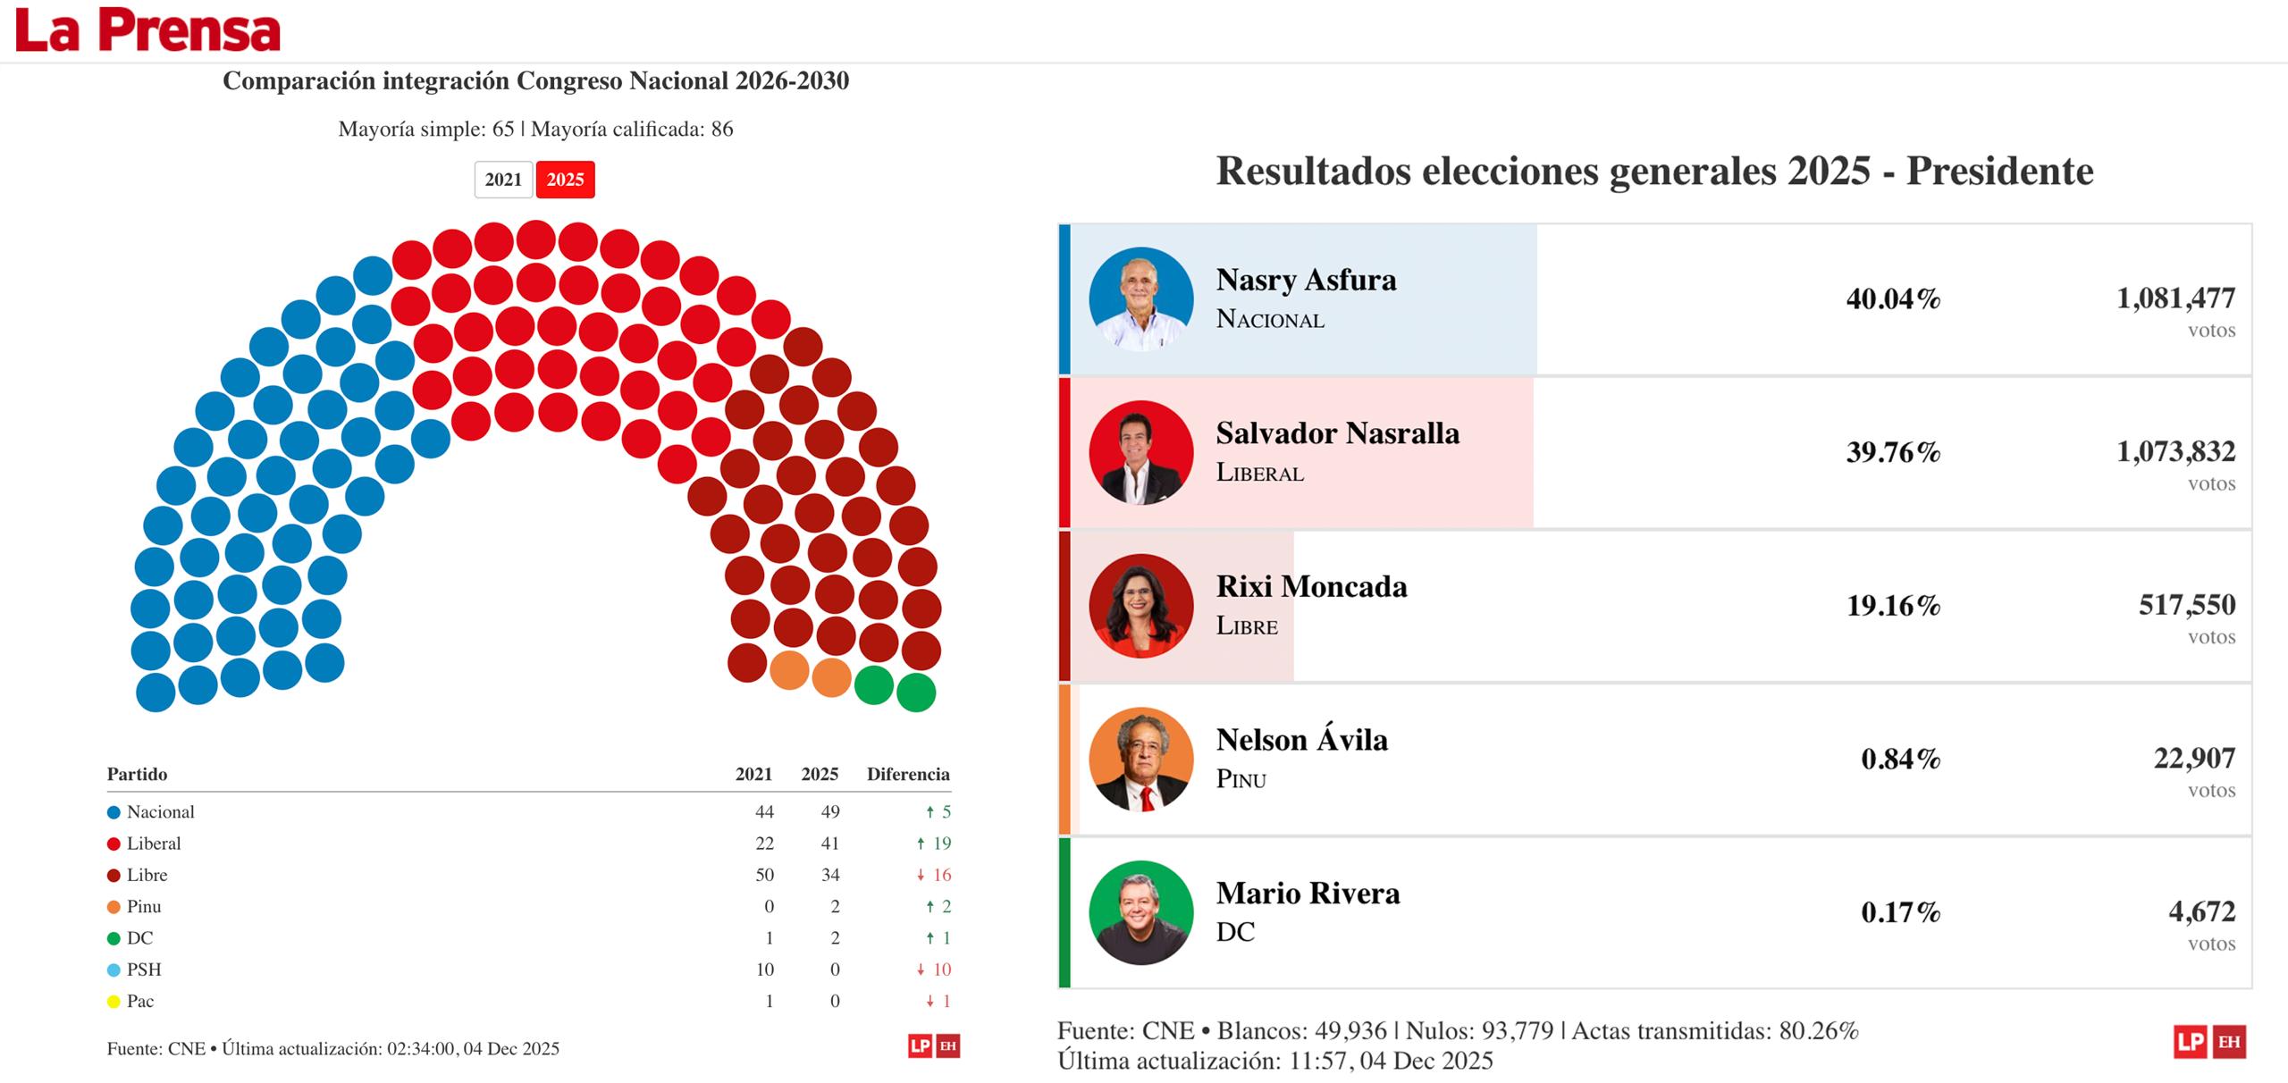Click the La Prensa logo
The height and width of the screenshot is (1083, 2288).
pos(147,30)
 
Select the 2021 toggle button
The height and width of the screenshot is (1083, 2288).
pos(503,180)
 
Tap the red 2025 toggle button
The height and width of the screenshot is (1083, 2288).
pos(565,180)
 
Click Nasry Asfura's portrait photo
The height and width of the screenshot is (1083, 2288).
pos(1140,299)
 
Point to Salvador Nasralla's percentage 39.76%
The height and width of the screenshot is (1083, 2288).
pos(1893,452)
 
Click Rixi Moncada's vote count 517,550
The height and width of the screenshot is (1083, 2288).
pos(2186,605)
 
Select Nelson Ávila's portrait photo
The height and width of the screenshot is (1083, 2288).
pos(1140,760)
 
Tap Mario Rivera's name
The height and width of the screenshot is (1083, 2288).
pos(1308,893)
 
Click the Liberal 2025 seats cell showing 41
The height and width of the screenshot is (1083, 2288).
pos(829,844)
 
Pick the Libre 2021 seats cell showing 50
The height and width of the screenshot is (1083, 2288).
pos(764,875)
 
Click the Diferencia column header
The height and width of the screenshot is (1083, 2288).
pos(907,774)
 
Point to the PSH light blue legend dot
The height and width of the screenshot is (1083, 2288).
pos(114,970)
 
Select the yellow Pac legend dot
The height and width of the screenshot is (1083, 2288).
pos(114,1002)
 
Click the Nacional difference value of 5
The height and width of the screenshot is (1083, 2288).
pos(946,812)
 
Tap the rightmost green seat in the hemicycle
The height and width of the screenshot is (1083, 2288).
pos(915,693)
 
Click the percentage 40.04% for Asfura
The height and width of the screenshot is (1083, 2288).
pos(1893,298)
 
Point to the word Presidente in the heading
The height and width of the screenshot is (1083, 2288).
pos(1999,171)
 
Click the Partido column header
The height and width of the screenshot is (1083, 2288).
pos(137,774)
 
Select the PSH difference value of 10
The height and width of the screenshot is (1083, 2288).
pos(941,970)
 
